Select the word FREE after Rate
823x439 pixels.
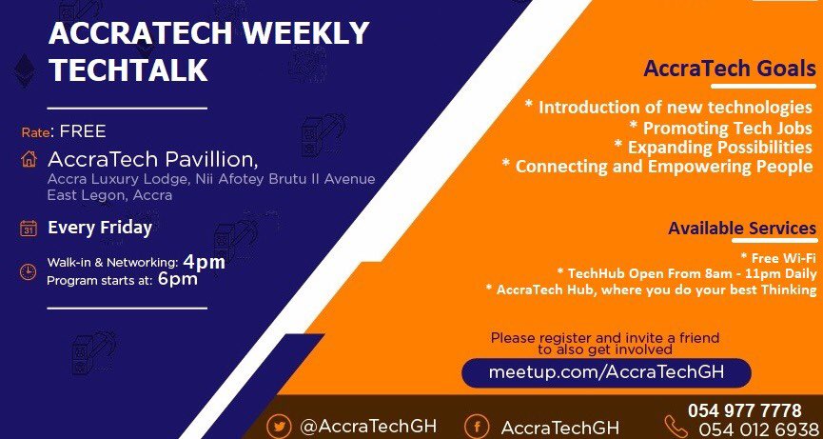pyautogui.click(x=83, y=131)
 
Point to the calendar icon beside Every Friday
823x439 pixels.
pyautogui.click(x=29, y=229)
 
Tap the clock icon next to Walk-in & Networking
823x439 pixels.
pyautogui.click(x=29, y=270)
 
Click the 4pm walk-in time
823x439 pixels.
pyautogui.click(x=204, y=261)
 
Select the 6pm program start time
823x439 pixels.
pyautogui.click(x=177, y=279)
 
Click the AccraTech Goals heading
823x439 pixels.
pyautogui.click(x=729, y=70)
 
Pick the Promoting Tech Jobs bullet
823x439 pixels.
pyautogui.click(x=721, y=127)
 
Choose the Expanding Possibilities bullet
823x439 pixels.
pyautogui.click(x=713, y=147)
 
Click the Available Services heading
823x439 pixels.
pyautogui.click(x=741, y=229)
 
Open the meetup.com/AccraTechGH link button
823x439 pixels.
pyautogui.click(x=606, y=372)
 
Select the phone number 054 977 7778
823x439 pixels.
pyautogui.click(x=745, y=410)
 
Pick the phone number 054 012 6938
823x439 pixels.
pyautogui.click(x=757, y=429)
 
